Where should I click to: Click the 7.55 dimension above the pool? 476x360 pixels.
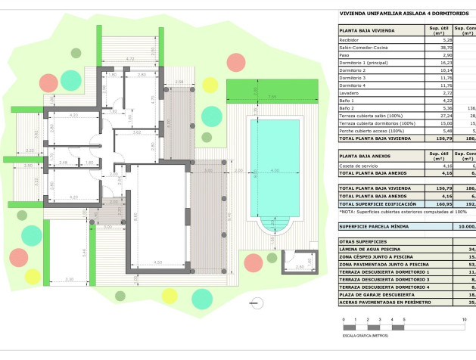(271, 97)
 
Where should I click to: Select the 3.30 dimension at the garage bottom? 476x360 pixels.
(70, 280)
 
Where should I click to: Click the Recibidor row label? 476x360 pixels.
(349, 39)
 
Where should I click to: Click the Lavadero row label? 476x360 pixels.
(349, 92)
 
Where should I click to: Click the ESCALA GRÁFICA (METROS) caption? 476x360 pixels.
(366, 334)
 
